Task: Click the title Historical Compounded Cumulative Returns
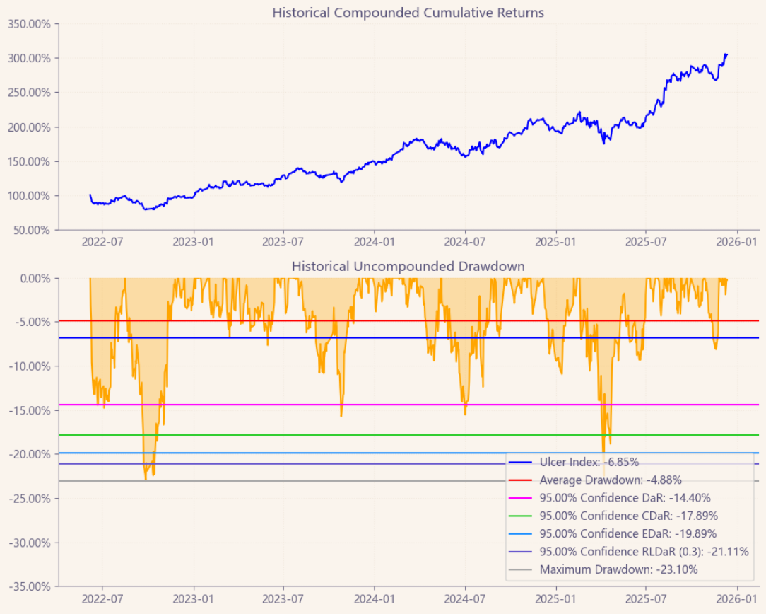pos(408,13)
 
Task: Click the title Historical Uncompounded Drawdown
pos(408,267)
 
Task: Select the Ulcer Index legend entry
pos(589,463)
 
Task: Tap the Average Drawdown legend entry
pos(611,480)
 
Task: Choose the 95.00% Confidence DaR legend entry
pos(625,498)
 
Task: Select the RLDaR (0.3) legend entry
pos(644,552)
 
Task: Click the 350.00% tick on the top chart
pos(28,23)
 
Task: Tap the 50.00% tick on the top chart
pos(30,231)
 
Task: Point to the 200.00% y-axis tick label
pos(28,127)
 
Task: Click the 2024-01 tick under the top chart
pos(374,243)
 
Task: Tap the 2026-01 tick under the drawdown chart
pos(738,599)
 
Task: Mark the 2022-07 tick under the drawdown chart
pos(102,599)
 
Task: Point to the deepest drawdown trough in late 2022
pos(146,480)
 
